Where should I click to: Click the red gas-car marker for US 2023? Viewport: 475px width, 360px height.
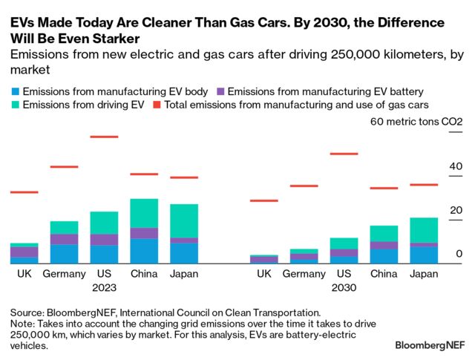click(x=104, y=137)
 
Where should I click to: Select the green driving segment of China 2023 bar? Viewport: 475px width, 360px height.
click(x=144, y=213)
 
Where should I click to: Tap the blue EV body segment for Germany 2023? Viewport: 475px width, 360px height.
click(x=65, y=253)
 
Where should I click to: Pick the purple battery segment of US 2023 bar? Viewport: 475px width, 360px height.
click(x=104, y=239)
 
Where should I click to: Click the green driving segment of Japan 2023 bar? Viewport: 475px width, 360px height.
click(x=184, y=220)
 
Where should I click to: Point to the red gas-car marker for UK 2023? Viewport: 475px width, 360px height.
click(x=24, y=192)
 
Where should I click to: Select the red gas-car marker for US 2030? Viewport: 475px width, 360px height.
click(x=344, y=154)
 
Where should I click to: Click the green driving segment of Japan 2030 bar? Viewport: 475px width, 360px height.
click(x=424, y=230)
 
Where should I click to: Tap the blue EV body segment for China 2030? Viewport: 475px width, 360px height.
click(x=384, y=255)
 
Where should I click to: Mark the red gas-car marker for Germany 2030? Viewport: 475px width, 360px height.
click(x=304, y=186)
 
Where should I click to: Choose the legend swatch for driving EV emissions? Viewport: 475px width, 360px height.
click(x=16, y=105)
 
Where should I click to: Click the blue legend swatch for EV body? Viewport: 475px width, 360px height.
click(x=16, y=91)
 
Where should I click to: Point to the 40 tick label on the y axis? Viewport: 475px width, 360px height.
click(x=456, y=167)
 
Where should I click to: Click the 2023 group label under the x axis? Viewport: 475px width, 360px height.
click(x=104, y=287)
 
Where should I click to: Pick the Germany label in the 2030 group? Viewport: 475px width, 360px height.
click(x=304, y=274)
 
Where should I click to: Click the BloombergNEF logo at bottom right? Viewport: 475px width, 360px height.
click(x=429, y=345)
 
